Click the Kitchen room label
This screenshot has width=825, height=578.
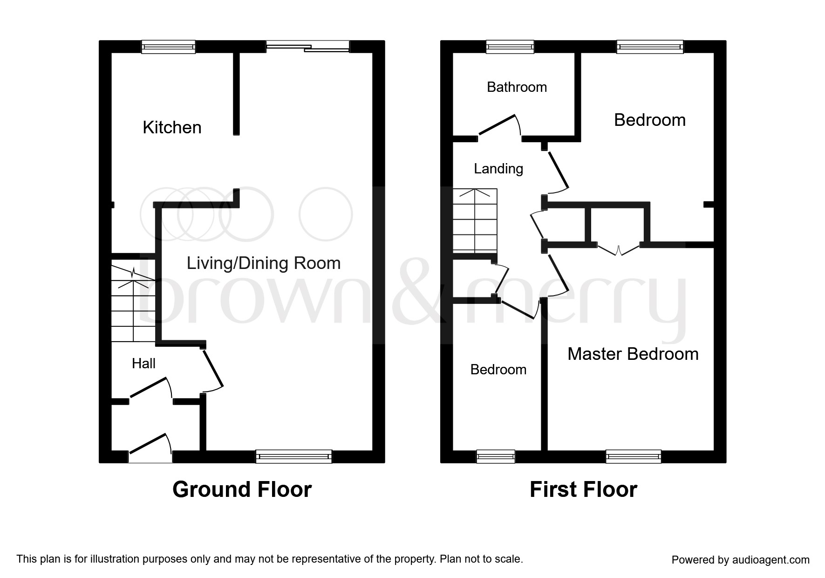pos(172,127)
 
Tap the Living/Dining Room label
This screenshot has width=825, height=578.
pos(264,263)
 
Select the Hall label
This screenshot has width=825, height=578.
pos(143,364)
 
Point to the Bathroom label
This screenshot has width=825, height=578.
pos(517,87)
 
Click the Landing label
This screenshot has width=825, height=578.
pos(498,169)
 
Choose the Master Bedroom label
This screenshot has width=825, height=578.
pos(633,354)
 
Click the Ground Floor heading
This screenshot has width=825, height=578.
pos(242,489)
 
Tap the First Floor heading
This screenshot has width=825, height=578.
pos(583,489)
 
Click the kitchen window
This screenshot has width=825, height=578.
pos(168,47)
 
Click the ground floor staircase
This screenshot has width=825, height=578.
pos(133,303)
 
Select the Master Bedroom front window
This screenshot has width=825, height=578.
pos(633,456)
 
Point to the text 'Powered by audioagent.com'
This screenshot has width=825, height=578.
pos(740,560)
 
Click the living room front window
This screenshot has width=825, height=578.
pos(293,456)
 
